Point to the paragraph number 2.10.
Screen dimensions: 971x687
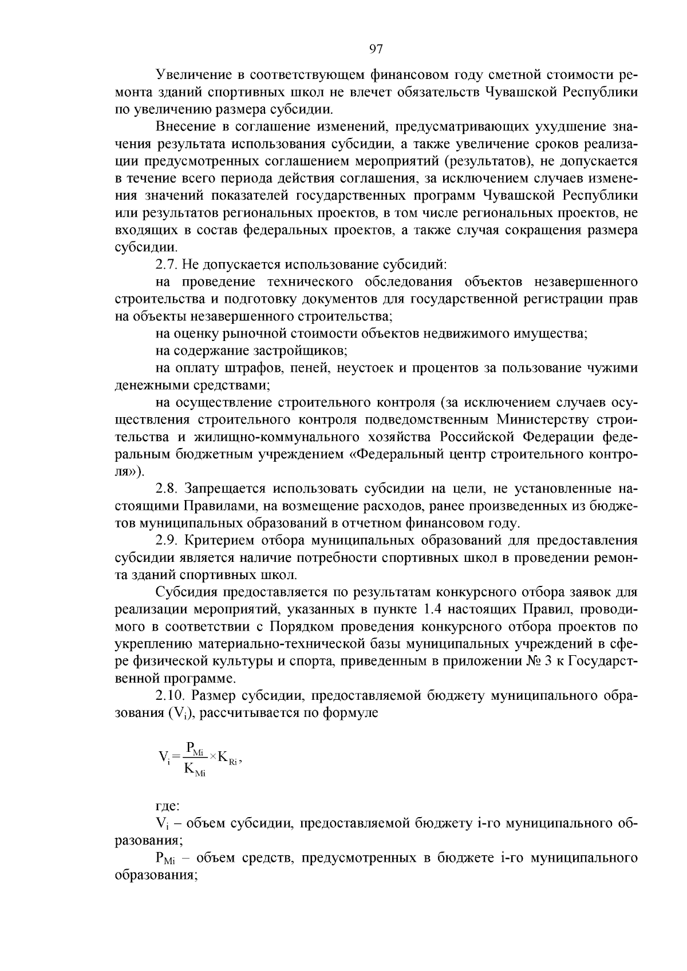coord(170,696)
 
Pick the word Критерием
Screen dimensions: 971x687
coord(220,540)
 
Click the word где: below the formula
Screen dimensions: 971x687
coord(168,806)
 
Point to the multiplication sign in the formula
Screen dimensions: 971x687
coord(212,757)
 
